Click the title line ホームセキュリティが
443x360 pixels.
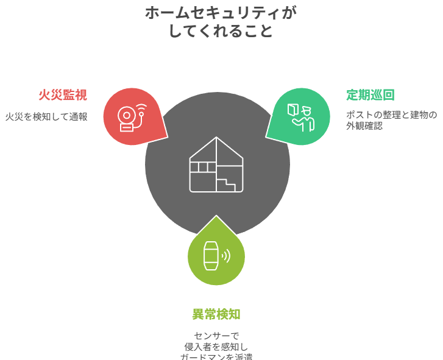[x=221, y=13]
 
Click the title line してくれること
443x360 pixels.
[x=221, y=31]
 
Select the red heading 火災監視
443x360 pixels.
[x=63, y=95]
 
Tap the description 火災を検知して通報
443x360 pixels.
[x=46, y=116]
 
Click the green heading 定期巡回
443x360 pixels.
[x=370, y=95]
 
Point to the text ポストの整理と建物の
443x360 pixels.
[x=391, y=115]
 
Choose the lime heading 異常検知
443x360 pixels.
[x=216, y=314]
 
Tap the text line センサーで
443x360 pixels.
[x=216, y=336]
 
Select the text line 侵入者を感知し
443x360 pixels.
[x=216, y=347]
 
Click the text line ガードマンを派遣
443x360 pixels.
[x=216, y=356]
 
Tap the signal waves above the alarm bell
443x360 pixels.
[x=142, y=110]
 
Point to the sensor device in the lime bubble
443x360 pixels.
[x=210, y=256]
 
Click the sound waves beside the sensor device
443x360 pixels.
[x=226, y=256]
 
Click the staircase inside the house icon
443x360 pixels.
[x=227, y=182]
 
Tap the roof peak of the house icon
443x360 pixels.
[x=216, y=138]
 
